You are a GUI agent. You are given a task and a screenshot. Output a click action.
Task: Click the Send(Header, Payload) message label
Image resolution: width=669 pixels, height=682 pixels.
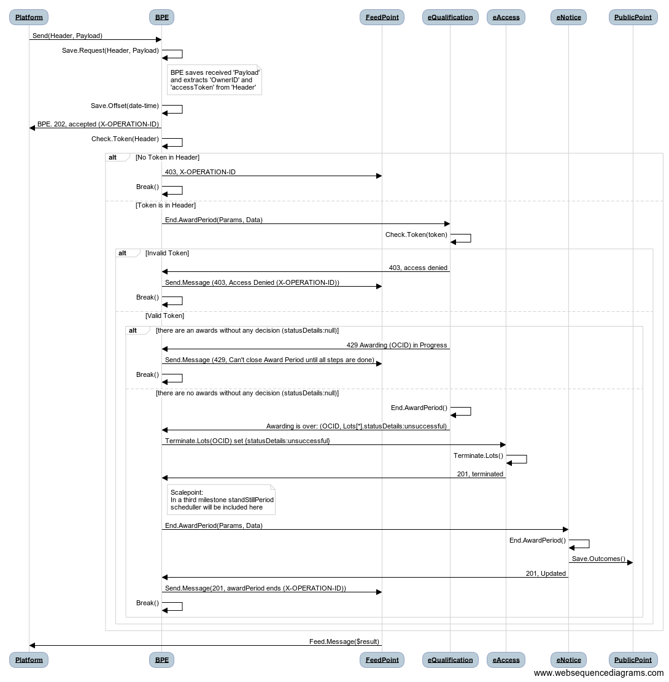coord(68,36)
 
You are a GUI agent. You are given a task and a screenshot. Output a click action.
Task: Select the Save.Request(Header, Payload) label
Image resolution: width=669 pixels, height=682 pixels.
coord(110,50)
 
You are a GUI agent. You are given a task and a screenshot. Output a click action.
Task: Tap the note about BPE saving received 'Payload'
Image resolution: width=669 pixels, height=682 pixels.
coord(214,80)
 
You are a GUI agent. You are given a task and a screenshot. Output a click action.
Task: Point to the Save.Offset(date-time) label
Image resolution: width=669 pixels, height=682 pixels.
coord(125,106)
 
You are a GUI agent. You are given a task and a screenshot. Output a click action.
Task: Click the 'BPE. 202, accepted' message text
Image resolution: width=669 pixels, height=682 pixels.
coord(98,124)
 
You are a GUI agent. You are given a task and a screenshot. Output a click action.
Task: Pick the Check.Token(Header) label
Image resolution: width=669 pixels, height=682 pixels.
coord(125,139)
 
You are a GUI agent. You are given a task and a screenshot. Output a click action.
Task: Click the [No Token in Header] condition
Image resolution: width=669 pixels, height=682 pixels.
coord(168,157)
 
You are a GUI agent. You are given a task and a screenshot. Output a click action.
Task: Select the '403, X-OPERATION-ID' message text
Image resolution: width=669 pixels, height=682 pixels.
coord(200,172)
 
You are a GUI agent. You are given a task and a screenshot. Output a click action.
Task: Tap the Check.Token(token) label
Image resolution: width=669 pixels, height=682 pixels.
coord(416,235)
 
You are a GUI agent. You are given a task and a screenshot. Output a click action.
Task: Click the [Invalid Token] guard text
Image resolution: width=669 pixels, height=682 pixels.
coord(167,253)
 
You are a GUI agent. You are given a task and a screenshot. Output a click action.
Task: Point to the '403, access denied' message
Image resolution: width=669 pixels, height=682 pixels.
coord(418,268)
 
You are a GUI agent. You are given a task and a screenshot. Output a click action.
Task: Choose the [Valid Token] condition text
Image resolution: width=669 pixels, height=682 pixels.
coord(165,316)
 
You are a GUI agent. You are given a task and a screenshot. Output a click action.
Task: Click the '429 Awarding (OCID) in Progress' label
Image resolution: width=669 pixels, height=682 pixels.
coord(396,346)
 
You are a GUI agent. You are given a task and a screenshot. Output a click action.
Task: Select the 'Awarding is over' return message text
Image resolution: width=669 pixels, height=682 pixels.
coord(357,426)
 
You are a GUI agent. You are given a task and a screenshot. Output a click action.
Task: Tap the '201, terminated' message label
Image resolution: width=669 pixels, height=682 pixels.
coord(480,474)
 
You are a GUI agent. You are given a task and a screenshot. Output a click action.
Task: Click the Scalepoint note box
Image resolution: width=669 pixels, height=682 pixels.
coord(222,500)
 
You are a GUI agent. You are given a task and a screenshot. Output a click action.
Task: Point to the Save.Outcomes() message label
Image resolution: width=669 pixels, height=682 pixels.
coord(598,559)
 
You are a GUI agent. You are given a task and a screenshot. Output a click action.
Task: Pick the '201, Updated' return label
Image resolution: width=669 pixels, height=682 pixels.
coord(546,574)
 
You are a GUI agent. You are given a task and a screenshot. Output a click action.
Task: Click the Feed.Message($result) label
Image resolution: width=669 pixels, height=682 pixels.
coord(344,641)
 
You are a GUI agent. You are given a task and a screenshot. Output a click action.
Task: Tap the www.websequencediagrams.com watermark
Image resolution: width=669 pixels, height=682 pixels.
coord(599,673)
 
